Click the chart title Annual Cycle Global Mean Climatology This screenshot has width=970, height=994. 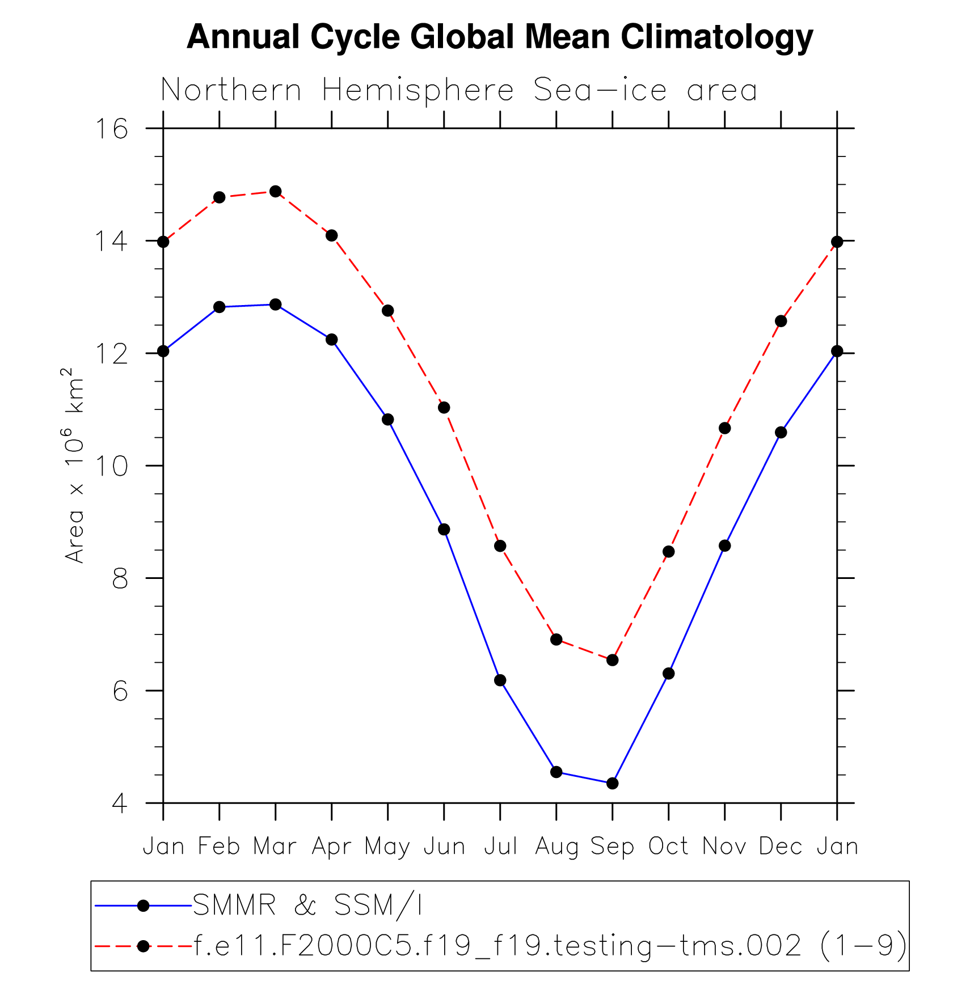[500, 37]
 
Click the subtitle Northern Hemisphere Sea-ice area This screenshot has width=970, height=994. [459, 91]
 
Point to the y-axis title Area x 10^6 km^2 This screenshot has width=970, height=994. [74, 465]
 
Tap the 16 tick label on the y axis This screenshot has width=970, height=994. [111, 129]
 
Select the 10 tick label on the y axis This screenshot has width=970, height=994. [111, 466]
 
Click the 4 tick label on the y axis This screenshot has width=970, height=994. [120, 803]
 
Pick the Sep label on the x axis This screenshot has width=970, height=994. [612, 847]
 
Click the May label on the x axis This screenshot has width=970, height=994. [387, 847]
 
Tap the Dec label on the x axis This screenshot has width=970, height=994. [781, 847]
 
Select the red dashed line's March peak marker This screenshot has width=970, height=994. [276, 192]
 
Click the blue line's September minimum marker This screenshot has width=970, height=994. [612, 784]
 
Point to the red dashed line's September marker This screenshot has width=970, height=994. [612, 660]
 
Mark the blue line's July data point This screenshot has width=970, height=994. [500, 680]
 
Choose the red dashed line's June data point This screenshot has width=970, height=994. [444, 408]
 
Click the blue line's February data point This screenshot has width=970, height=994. [220, 307]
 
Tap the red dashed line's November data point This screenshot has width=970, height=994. [724, 428]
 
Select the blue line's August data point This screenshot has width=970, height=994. [556, 772]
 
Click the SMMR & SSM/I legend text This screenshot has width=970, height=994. [307, 906]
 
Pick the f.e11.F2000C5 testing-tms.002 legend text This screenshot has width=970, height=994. [550, 946]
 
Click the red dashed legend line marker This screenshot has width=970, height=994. [144, 946]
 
